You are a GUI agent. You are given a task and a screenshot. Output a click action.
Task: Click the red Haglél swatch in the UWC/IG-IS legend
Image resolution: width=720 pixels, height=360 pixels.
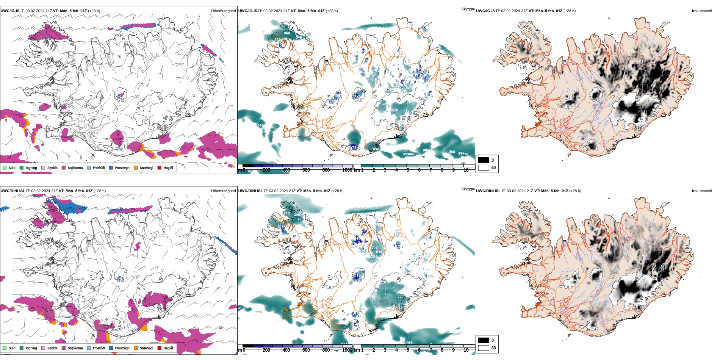[160, 168]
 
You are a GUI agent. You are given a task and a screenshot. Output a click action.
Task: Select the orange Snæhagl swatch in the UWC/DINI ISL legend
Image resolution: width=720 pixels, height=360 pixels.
[136, 348]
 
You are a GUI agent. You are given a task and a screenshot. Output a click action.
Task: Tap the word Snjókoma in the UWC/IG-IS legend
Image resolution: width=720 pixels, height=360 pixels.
[75, 168]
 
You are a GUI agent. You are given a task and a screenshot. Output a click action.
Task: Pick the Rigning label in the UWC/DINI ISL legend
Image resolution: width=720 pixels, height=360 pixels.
[31, 348]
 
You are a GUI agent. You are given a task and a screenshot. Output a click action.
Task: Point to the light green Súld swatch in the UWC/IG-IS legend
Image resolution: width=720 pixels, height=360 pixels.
[5, 168]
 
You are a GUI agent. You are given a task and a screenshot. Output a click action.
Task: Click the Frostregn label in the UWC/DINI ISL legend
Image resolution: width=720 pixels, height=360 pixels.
[122, 348]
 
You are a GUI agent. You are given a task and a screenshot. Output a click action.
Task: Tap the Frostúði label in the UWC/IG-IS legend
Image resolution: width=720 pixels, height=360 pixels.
[99, 168]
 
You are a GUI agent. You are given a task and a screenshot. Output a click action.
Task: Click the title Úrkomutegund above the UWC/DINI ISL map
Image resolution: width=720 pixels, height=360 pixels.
[223, 191]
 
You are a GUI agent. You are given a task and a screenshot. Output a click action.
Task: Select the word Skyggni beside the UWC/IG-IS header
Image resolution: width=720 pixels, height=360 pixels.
[468, 9]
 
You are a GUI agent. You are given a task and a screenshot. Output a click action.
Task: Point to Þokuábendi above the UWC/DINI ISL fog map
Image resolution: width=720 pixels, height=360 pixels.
[702, 191]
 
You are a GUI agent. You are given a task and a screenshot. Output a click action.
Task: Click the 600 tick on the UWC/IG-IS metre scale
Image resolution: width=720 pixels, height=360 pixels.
[306, 170]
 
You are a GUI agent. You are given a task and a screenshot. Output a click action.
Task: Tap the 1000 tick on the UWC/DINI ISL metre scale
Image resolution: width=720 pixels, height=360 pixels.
[347, 350]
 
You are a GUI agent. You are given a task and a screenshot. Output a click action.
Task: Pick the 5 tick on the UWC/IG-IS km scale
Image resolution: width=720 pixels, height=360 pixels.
[408, 170]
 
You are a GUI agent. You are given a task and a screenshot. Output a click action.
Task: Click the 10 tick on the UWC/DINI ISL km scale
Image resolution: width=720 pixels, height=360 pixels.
[466, 350]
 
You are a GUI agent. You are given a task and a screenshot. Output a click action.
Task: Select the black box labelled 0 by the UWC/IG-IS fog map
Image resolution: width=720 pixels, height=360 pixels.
[484, 160]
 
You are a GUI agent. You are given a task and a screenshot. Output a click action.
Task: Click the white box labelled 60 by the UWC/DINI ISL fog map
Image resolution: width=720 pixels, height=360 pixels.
[484, 348]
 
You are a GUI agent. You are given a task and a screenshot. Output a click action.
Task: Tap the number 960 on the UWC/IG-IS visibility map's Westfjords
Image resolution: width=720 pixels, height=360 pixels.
[287, 33]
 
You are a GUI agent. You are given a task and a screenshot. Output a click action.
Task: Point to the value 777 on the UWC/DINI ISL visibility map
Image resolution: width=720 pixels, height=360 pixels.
[401, 297]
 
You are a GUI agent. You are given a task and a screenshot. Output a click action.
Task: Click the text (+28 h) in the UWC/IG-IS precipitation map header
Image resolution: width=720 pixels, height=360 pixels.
[94, 11]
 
